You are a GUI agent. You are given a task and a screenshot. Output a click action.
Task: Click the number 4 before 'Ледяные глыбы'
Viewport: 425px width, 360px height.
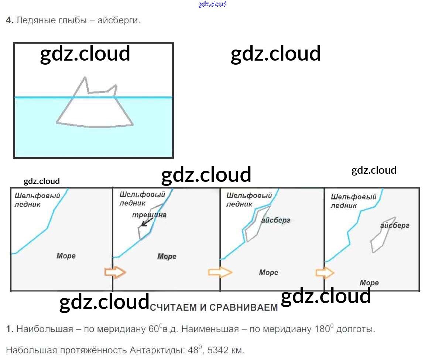[9, 21]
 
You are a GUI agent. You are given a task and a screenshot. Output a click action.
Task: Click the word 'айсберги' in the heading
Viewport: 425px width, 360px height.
[119, 21]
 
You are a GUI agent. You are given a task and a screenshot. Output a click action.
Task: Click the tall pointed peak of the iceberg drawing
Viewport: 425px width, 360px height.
[85, 79]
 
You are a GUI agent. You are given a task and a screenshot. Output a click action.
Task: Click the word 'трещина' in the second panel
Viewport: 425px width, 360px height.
[149, 215]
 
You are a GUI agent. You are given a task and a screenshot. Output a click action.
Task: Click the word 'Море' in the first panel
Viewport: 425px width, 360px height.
[66, 255]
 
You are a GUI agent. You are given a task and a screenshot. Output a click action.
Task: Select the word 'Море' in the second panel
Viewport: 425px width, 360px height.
[167, 256]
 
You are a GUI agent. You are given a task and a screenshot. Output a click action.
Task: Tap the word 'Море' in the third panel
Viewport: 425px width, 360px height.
[268, 272]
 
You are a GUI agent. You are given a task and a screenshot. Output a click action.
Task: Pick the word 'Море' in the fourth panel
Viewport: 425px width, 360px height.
[369, 283]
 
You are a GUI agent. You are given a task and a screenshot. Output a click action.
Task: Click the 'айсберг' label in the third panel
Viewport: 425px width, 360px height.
[275, 221]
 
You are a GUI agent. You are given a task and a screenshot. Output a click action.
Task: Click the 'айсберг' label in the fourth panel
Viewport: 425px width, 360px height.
[395, 225]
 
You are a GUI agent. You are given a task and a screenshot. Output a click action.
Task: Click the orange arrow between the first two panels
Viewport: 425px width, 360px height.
[115, 272]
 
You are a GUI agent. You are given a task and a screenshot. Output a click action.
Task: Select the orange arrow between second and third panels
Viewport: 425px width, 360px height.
[220, 272]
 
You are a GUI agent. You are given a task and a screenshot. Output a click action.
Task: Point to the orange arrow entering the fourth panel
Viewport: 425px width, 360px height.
[325, 273]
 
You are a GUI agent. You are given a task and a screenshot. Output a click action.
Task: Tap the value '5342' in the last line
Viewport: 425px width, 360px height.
[219, 350]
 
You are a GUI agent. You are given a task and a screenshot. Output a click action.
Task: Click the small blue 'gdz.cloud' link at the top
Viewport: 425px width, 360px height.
[212, 4]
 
